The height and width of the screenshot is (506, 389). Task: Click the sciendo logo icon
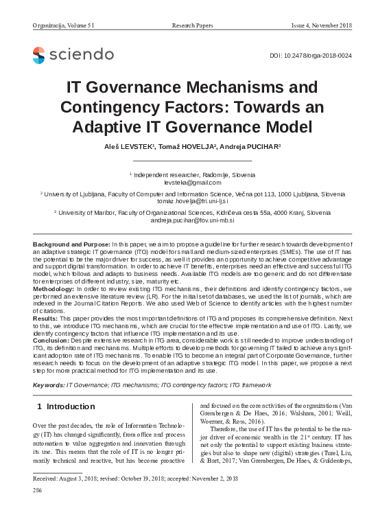(38, 55)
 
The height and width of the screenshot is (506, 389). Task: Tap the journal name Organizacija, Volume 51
(63, 26)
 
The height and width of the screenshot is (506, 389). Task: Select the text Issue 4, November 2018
(322, 26)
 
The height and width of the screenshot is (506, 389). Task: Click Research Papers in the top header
(193, 26)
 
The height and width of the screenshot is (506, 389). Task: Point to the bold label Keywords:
(49, 386)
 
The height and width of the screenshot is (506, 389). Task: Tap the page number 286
(38, 491)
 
